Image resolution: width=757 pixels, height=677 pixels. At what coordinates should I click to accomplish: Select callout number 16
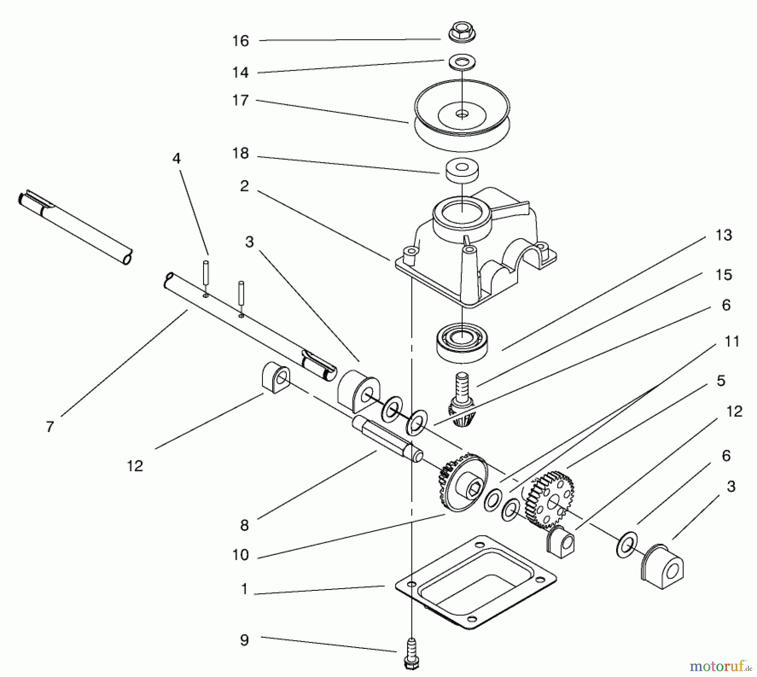point(241,41)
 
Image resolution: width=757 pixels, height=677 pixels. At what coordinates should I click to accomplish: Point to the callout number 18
point(241,154)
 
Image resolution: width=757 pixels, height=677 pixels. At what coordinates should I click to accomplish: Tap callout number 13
point(724,235)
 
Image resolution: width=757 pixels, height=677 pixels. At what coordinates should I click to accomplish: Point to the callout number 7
point(50,427)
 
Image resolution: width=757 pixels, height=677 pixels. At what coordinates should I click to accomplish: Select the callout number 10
point(241,555)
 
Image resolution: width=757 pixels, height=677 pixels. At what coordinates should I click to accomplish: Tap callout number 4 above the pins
point(176,159)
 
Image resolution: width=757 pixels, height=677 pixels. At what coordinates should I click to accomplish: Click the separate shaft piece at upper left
point(76,227)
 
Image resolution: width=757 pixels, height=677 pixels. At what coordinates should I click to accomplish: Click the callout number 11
point(732,341)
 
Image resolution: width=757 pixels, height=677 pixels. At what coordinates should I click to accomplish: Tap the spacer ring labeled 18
point(462,171)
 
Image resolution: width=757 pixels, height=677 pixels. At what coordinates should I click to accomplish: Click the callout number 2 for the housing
point(244,186)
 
